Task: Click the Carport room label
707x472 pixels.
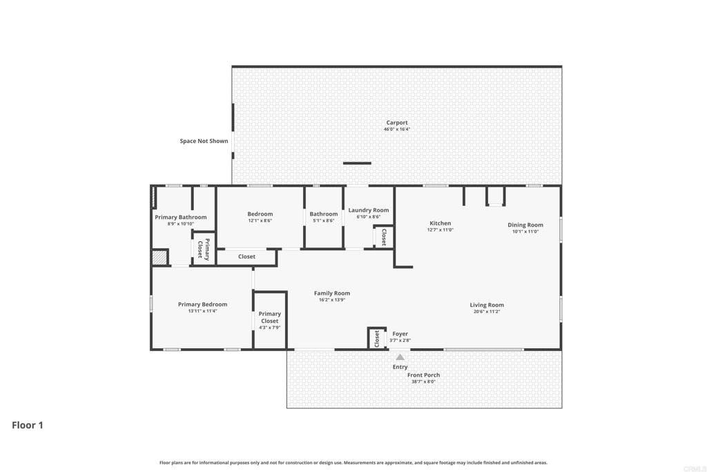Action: pos(397,123)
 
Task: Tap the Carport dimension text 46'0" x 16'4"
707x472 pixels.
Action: pos(397,129)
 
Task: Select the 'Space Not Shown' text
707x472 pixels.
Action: pos(204,141)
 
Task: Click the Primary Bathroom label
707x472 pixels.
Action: pos(180,217)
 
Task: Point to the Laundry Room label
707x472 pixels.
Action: pos(368,210)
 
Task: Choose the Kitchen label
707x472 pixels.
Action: pos(440,223)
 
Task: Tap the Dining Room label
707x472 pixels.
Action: pos(525,225)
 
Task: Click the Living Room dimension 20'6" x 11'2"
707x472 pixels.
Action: pos(487,312)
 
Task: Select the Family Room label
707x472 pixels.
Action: pos(332,293)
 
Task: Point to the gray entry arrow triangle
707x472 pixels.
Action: pos(400,357)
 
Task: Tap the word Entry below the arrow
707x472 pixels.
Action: pos(400,367)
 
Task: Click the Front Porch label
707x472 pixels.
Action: pos(423,375)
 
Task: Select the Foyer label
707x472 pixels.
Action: pos(400,334)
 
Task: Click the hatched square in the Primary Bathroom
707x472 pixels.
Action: pos(159,257)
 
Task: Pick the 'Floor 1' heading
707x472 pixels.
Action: pos(28,425)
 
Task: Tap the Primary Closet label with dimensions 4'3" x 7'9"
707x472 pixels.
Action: pos(269,317)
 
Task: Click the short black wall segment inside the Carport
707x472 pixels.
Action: pos(357,164)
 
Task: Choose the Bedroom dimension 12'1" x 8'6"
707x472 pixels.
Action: pos(260,220)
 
